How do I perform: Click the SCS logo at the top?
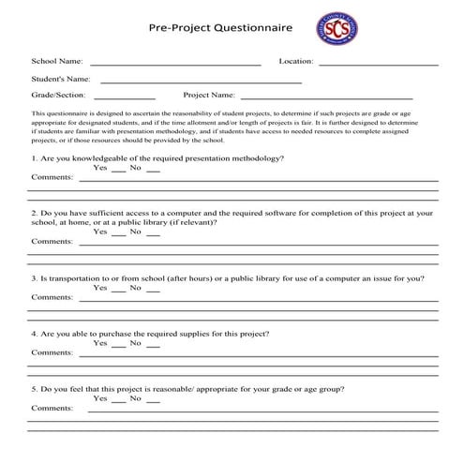coord(336,28)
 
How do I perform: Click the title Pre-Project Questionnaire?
coord(220,28)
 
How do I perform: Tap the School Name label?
coord(56,61)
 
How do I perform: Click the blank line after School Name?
coord(174,64)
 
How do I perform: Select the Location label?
coord(295,61)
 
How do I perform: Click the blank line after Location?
coord(378,64)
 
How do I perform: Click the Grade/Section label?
coord(58,96)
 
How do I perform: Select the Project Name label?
coord(209,96)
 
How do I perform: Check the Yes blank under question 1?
coord(118,171)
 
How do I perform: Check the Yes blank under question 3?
coord(118,291)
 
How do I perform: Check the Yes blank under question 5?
coord(118,401)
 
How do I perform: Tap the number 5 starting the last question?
coord(34,388)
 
